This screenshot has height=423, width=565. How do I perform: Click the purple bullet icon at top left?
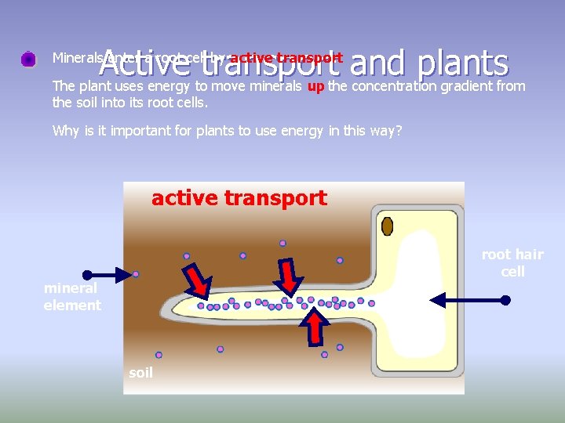tap(28, 59)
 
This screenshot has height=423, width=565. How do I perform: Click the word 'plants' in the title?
tap(464, 63)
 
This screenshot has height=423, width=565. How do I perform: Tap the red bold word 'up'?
tap(316, 86)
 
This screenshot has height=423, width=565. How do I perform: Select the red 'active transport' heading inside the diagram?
tap(239, 198)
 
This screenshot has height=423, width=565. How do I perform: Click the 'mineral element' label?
tap(72, 297)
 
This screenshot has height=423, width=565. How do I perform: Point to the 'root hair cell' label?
tap(512, 262)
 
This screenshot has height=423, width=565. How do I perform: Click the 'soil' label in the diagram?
tap(140, 373)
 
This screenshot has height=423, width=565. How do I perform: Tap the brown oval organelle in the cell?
tap(387, 226)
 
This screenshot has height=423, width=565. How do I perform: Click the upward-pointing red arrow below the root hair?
tap(314, 328)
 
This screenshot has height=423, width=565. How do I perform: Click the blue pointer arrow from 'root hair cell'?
tap(469, 299)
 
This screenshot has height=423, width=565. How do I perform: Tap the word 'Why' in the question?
tap(65, 131)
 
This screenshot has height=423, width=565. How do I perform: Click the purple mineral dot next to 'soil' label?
tap(159, 355)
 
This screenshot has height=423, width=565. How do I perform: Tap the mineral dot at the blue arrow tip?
tap(136, 274)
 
